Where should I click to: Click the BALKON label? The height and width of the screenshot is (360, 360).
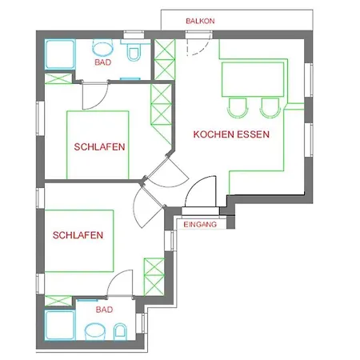click(200, 21)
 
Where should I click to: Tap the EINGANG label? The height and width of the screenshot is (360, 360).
click(200, 225)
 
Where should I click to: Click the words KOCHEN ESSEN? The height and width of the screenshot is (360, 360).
click(231, 134)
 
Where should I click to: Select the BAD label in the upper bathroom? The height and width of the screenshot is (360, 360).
click(103, 62)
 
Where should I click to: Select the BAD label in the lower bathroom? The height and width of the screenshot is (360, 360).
click(104, 310)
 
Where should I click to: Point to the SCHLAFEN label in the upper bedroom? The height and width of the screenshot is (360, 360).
click(99, 147)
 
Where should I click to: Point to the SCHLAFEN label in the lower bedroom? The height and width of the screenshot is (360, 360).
click(78, 235)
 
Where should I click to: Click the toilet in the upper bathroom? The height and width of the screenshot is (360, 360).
click(134, 50)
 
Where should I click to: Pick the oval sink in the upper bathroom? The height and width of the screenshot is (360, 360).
click(103, 47)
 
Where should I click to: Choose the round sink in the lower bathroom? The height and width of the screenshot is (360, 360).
click(95, 331)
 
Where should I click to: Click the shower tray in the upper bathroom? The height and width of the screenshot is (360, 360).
click(60, 54)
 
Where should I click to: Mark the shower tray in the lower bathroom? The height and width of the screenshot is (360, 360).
click(60, 325)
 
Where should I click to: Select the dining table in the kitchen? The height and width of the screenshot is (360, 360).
click(253, 79)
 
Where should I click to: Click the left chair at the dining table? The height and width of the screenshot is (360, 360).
click(238, 107)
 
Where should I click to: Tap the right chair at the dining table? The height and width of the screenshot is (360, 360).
click(270, 107)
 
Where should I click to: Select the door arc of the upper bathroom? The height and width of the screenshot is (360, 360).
click(102, 102)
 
